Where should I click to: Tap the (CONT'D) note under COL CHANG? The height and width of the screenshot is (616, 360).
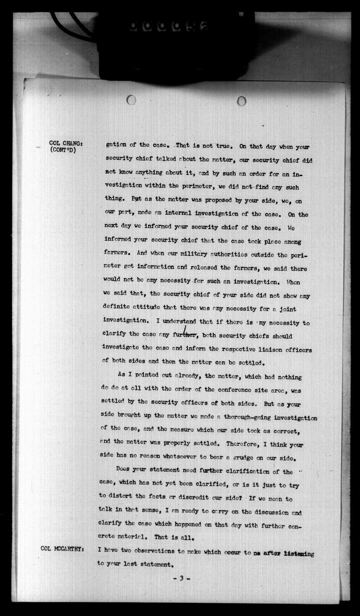[x=63, y=150]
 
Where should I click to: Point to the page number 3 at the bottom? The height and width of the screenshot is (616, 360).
[x=181, y=579]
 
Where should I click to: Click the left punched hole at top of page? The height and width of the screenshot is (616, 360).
[x=131, y=100]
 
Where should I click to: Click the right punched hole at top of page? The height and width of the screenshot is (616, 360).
[x=241, y=101]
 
